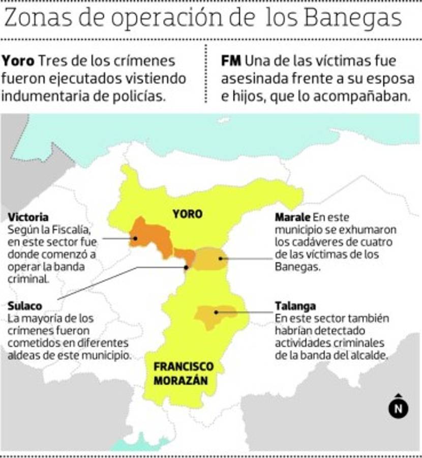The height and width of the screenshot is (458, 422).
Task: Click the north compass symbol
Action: pos(399,408)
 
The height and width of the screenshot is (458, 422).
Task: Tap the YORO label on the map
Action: pos(187,214)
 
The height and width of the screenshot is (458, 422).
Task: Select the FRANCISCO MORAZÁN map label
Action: pos(184,374)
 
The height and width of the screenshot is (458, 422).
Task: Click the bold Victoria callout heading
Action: pos(28,217)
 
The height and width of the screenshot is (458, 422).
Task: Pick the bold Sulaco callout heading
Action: pos(25,306)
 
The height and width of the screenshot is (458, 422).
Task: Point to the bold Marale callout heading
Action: pos(292,217)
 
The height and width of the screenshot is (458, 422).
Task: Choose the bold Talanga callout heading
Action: pos(295,306)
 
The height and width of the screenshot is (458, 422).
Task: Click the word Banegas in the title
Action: pos(353,19)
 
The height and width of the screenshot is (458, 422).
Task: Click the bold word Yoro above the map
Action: pos(18,61)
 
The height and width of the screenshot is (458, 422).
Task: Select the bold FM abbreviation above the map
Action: pos(231,61)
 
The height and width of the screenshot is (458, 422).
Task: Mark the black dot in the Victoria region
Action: pos(135,238)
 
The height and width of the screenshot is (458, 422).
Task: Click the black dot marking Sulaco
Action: pos(187,267)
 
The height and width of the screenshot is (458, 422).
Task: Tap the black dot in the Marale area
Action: pos(221,259)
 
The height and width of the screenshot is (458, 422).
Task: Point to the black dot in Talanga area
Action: pos(217,312)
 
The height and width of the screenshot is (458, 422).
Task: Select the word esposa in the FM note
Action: pos(393,79)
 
